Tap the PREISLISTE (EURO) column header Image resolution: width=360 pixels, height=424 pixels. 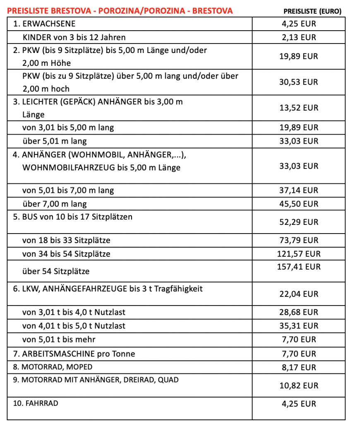312,11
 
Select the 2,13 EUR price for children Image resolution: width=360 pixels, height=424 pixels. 299,37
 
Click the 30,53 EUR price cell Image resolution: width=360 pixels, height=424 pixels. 299,82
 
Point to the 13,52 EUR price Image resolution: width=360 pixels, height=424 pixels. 299,108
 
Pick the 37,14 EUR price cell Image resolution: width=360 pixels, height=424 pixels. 299,190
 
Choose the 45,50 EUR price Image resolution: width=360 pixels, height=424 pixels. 299,204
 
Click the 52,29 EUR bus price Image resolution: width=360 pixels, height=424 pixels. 299,222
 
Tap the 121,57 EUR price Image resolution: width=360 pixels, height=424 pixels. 299,254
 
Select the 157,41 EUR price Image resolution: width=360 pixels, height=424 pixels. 299,267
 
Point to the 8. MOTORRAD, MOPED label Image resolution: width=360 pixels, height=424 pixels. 53,367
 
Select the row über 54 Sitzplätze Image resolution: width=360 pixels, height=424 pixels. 56,272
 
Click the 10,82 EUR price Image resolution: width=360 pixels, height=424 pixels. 299,385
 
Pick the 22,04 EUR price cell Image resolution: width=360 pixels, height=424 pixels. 299,294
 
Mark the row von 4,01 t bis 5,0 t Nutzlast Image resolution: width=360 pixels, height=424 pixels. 74,326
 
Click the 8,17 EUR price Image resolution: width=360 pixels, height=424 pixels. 299,367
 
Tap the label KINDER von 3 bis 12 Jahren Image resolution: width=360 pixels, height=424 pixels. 74,37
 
